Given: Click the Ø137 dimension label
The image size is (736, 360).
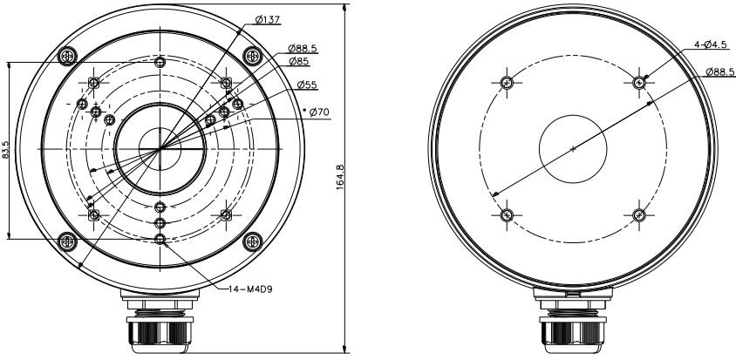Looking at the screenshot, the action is click(x=268, y=19).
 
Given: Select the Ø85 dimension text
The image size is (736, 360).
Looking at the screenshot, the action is click(x=299, y=61).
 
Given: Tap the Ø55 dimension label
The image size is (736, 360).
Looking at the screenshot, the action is click(x=308, y=85).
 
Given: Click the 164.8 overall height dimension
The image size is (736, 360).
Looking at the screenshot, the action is click(x=341, y=177).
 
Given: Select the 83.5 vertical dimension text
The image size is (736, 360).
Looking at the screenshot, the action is click(x=5, y=150).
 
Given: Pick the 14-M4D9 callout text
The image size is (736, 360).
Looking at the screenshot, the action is click(x=250, y=289).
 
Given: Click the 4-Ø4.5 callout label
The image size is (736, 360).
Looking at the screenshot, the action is click(x=710, y=44).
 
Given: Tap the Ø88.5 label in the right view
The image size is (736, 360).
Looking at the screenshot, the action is click(x=720, y=71).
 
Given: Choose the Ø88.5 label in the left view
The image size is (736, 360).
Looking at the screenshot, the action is click(x=303, y=48).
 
